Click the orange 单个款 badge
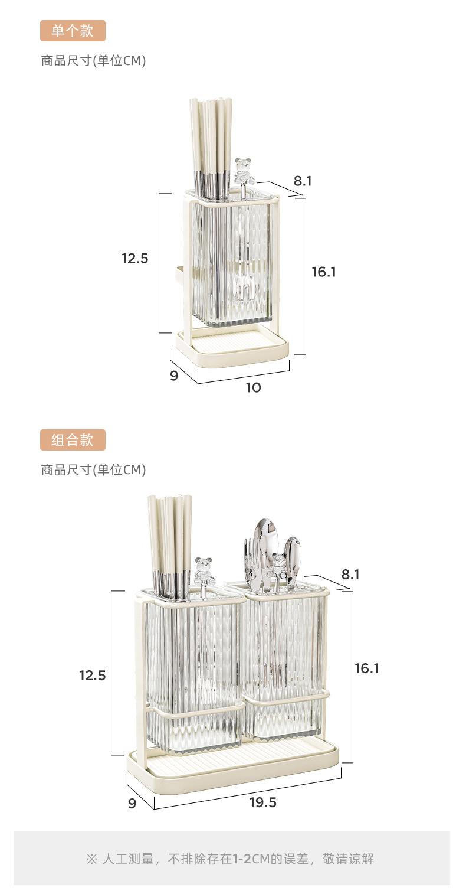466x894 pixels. click(73, 31)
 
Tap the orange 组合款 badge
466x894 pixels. click(73, 440)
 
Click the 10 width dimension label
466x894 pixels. click(254, 387)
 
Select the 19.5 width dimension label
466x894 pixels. click(262, 802)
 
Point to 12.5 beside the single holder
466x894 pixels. click(134, 258)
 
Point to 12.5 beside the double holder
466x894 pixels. click(93, 676)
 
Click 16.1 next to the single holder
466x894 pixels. click(324, 272)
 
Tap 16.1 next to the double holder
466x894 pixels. click(367, 668)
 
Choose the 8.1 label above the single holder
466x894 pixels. click(303, 181)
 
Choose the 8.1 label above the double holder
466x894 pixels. click(350, 575)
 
